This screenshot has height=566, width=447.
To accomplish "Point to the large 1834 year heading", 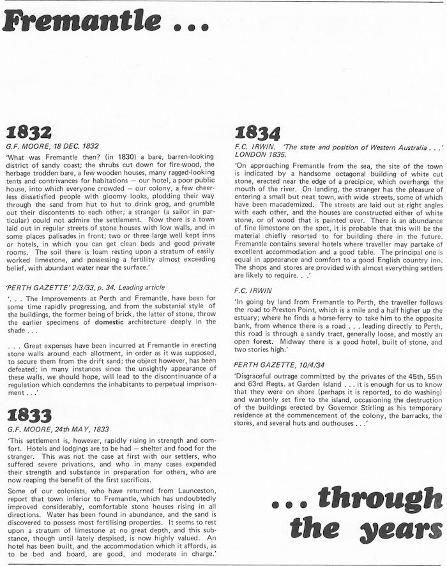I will pyautogui.click(x=258, y=133).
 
